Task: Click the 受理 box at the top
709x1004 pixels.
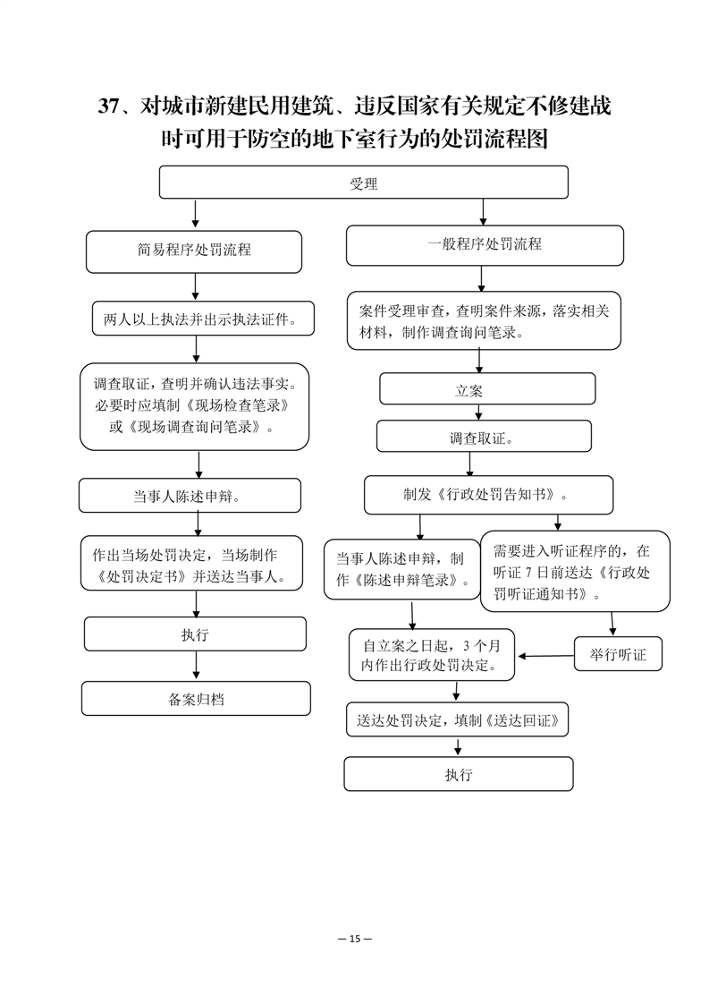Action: [x=364, y=183]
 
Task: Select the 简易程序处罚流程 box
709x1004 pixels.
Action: [x=194, y=251]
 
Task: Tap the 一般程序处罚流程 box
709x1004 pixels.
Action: [x=485, y=245]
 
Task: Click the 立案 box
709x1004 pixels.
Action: [x=487, y=388]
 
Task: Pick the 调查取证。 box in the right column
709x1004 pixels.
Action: [x=484, y=436]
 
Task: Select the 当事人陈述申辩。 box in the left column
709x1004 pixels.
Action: [x=190, y=496]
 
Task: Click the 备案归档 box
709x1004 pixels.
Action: [x=196, y=699]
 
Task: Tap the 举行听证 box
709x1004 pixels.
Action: [x=618, y=654]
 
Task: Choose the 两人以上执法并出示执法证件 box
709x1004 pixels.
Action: [x=204, y=319]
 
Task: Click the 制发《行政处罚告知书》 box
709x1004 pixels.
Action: [x=488, y=495]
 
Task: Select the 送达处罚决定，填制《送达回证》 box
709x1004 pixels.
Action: [x=458, y=719]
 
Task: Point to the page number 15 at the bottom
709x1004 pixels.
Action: [x=355, y=939]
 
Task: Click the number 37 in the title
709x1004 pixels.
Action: [x=108, y=106]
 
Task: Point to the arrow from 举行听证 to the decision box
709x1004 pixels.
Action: [x=545, y=656]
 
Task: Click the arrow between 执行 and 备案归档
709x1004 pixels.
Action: [x=197, y=666]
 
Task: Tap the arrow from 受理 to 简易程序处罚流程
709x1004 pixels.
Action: [x=195, y=215]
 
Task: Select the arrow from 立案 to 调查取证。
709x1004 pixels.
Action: [x=478, y=413]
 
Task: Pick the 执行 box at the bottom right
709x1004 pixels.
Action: [x=458, y=774]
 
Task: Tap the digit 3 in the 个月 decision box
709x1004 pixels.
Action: [x=467, y=645]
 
